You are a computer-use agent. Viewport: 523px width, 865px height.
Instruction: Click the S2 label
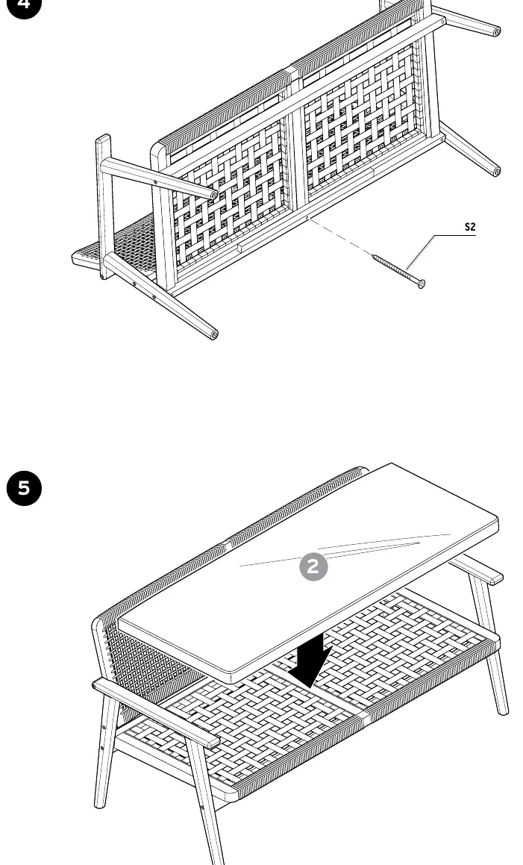pyautogui.click(x=469, y=227)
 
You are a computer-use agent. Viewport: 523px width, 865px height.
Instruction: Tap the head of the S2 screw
pyautogui.click(x=421, y=284)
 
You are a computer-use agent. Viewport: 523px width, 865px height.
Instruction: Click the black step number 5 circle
pyautogui.click(x=25, y=488)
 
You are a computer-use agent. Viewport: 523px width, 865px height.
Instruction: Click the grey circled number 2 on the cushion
pyautogui.click(x=313, y=566)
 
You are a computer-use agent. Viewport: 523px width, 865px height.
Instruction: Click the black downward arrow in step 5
pyautogui.click(x=310, y=660)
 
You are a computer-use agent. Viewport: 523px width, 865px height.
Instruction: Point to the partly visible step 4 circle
pyautogui.click(x=25, y=7)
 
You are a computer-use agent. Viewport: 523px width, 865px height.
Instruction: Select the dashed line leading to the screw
pyautogui.click(x=339, y=237)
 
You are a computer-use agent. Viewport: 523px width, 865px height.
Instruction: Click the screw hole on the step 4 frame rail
pyautogui.click(x=306, y=218)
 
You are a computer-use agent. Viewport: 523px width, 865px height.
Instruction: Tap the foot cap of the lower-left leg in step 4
pyautogui.click(x=213, y=334)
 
